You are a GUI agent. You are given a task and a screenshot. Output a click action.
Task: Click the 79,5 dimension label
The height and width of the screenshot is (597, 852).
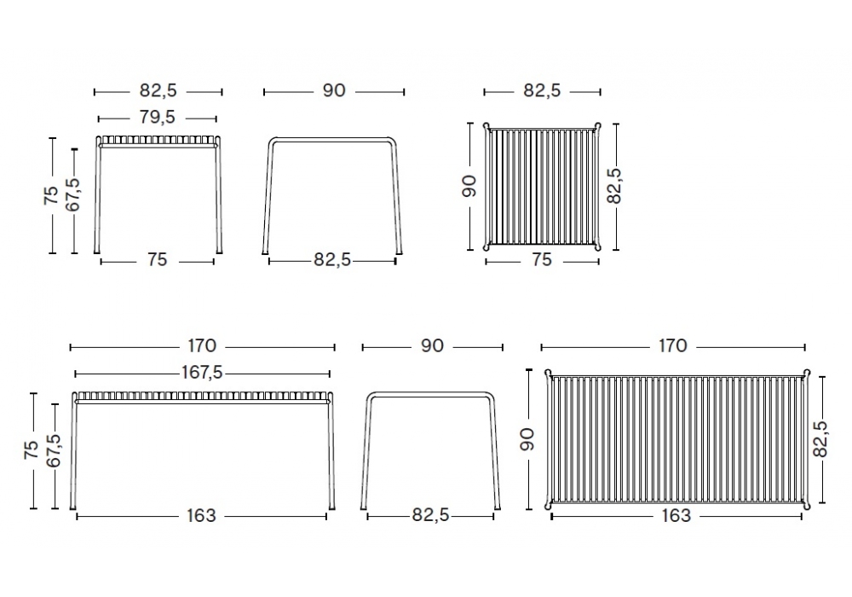click(x=157, y=117)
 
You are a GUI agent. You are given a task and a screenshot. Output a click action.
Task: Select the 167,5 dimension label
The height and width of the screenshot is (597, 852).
click(x=202, y=373)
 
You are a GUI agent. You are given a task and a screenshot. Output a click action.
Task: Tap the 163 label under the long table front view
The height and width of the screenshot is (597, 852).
click(x=201, y=515)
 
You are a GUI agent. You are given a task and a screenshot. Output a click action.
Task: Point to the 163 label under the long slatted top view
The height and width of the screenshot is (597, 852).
click(x=676, y=515)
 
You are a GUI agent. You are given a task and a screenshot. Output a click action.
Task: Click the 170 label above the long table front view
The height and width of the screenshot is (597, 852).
click(x=202, y=345)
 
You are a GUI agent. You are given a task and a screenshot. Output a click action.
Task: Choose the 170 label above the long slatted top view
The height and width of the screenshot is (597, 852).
click(x=673, y=345)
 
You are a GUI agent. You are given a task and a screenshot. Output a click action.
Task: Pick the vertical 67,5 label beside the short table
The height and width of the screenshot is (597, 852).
click(x=72, y=194)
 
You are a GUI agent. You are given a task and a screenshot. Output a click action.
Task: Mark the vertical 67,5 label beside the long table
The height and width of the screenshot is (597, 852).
click(x=53, y=450)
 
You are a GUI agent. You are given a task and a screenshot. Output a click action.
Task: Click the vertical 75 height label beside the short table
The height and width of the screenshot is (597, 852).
click(x=50, y=195)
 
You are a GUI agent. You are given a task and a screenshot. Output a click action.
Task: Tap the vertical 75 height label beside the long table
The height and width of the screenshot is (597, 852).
click(x=31, y=449)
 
